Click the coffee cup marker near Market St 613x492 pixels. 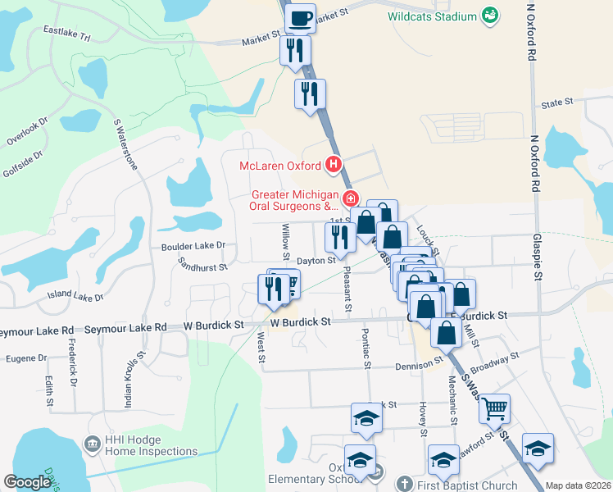click(300, 16)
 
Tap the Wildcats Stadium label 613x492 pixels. click(433, 16)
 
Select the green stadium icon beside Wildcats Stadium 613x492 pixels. click(490, 16)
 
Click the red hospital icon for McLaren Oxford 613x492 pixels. click(334, 166)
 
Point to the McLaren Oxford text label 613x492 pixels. click(279, 166)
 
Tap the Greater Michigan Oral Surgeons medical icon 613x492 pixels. click(350, 198)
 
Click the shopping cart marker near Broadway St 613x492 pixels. click(494, 408)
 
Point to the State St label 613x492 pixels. click(556, 103)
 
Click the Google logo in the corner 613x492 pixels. click(27, 483)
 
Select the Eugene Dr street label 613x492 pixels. click(26, 358)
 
